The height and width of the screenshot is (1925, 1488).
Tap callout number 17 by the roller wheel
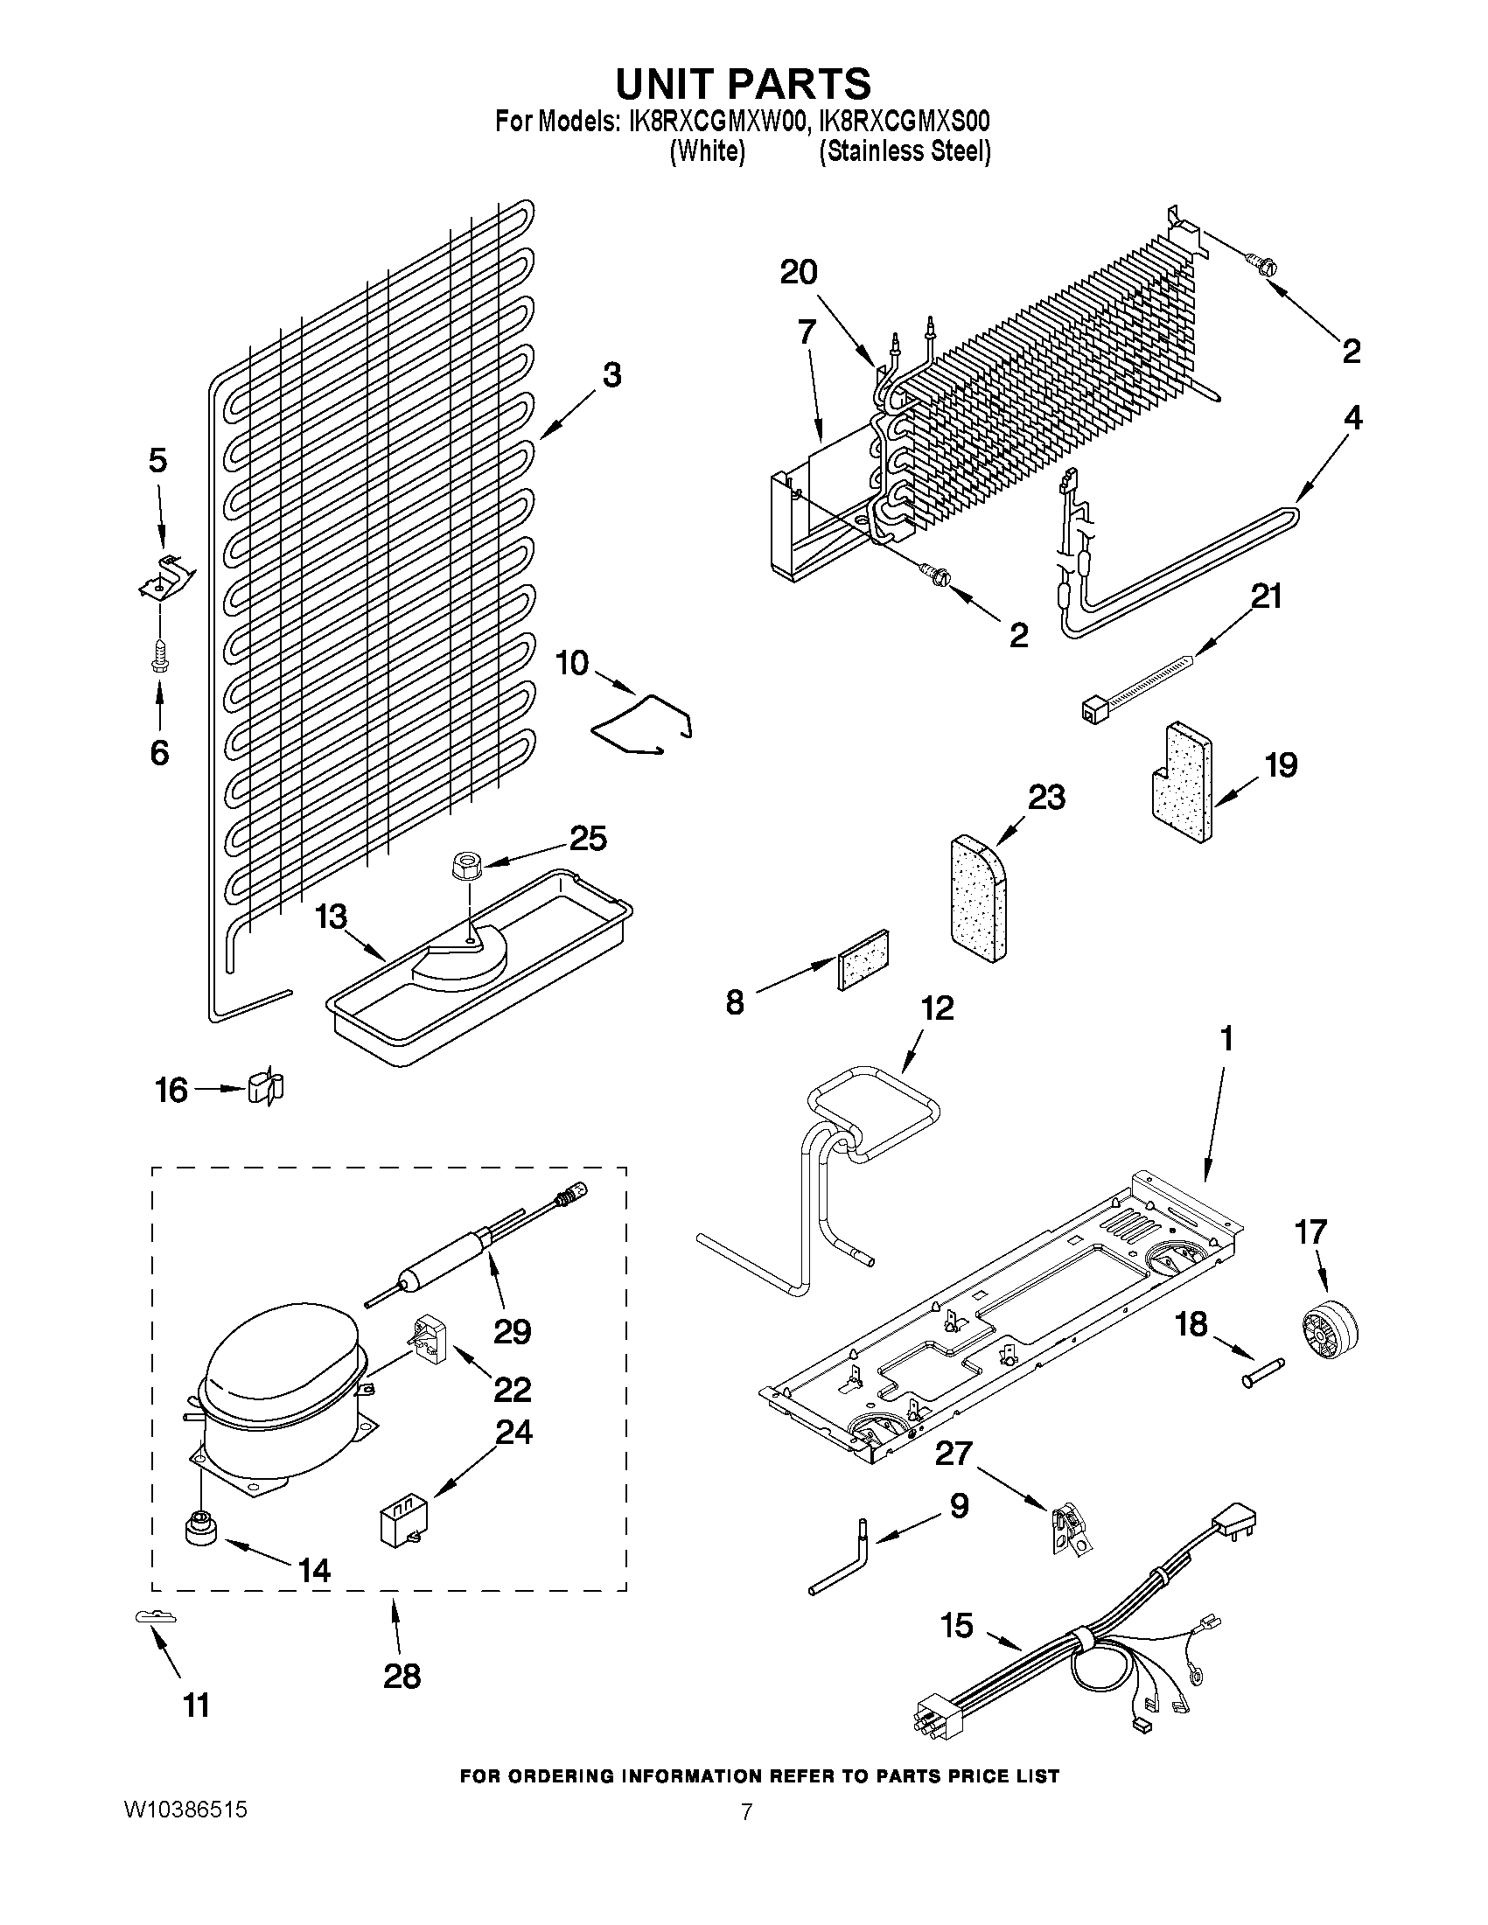(x=1310, y=1231)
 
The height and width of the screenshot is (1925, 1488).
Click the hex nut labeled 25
(x=465, y=866)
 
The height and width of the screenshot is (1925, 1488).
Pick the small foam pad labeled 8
(x=863, y=959)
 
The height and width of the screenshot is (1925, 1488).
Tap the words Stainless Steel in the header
(x=905, y=151)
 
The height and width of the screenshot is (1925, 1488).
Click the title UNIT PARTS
(x=742, y=84)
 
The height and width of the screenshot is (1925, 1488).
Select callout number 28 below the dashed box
(x=402, y=1676)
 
